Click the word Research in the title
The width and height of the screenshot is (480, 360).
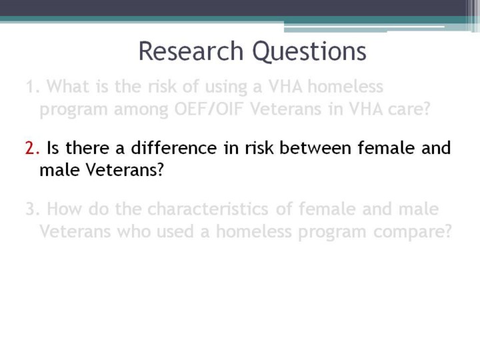[191, 51]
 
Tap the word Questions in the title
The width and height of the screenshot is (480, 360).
[309, 52]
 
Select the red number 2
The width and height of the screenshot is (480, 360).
[32, 148]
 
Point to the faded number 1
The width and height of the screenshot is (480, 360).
[33, 87]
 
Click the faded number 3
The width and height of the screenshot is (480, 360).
[33, 209]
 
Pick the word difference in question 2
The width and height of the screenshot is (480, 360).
[173, 147]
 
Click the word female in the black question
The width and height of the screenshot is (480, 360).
[386, 147]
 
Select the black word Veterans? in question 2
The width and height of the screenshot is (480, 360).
[125, 170]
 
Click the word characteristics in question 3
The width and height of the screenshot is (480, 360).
[208, 209]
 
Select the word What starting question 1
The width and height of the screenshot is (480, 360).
[68, 86]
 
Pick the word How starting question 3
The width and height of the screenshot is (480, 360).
[64, 209]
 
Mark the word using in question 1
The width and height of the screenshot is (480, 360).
[226, 87]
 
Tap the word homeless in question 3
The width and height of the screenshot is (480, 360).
[254, 231]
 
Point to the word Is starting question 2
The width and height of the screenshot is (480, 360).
[53, 147]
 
